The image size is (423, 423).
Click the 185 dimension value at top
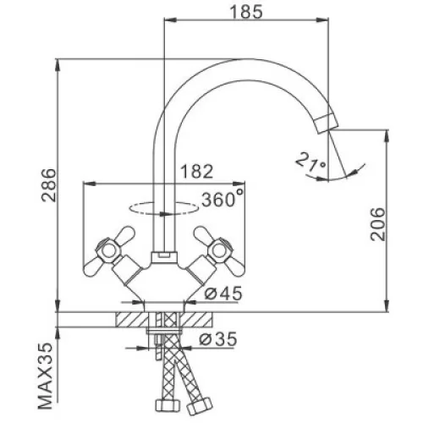pyautogui.click(x=246, y=12)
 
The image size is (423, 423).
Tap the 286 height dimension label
pyautogui.click(x=49, y=185)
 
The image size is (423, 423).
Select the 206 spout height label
pyautogui.click(x=377, y=224)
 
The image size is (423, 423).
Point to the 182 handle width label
pyautogui.click(x=196, y=172)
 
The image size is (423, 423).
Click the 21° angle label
pyautogui.click(x=311, y=162)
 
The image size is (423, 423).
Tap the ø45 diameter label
pyautogui.click(x=223, y=293)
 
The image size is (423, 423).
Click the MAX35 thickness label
pyautogui.click(x=45, y=376)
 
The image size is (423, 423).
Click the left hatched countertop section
pyautogui.click(x=131, y=320)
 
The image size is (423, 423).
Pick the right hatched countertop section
pyautogui.click(x=198, y=320)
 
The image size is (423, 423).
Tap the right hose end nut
pyautogui.click(x=200, y=405)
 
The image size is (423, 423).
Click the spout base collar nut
pyautogui.click(x=164, y=256)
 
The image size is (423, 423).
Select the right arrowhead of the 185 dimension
pyautogui.click(x=323, y=19)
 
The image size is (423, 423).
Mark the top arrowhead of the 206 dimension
pyautogui.click(x=387, y=136)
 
